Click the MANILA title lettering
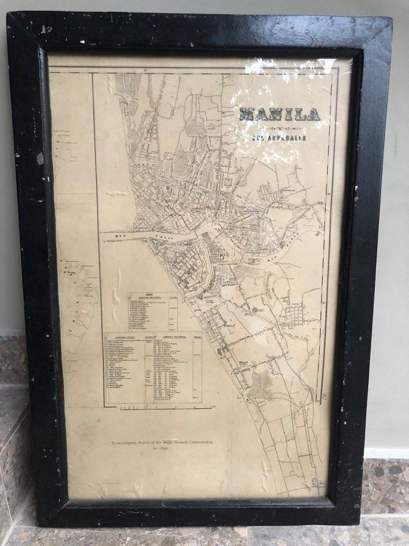[x=279, y=115]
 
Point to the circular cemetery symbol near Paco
[x=255, y=310]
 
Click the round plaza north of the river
[x=228, y=181]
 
